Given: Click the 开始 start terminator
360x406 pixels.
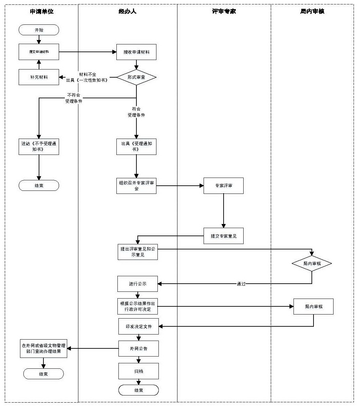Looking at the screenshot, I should pos(39,30).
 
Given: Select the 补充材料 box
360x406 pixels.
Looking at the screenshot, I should pos(39,77).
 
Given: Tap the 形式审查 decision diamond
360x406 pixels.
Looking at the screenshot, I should pos(136,77).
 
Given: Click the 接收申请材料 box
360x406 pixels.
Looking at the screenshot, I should pos(136,52).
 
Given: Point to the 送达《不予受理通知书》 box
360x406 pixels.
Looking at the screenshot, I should pos(39,146).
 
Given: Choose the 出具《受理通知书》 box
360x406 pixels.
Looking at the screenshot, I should pos(136,146).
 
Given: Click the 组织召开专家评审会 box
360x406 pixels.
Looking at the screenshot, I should pos(136,186).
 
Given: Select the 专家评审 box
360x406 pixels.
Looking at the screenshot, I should pos(224,186).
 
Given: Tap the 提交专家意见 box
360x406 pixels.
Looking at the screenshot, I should pos(224,236).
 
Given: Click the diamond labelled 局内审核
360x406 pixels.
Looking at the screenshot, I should pos(312,263).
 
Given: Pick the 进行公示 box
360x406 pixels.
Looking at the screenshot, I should pos(137,284).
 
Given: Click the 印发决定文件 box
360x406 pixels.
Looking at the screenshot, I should pos(138,326).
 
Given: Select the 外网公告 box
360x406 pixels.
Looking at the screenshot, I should pos(138,348).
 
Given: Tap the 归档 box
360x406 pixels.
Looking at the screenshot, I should pos(138,371).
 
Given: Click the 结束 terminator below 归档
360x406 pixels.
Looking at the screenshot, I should pos(138,390).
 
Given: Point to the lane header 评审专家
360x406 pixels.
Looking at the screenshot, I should pos(224,12).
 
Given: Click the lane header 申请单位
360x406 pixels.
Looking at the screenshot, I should pos(42,12).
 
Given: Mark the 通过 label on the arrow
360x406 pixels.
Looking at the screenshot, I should pos(241,284).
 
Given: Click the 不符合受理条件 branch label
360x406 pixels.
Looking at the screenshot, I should pos(74,98).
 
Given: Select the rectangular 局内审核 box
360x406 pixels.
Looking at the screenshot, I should pos(314,306).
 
